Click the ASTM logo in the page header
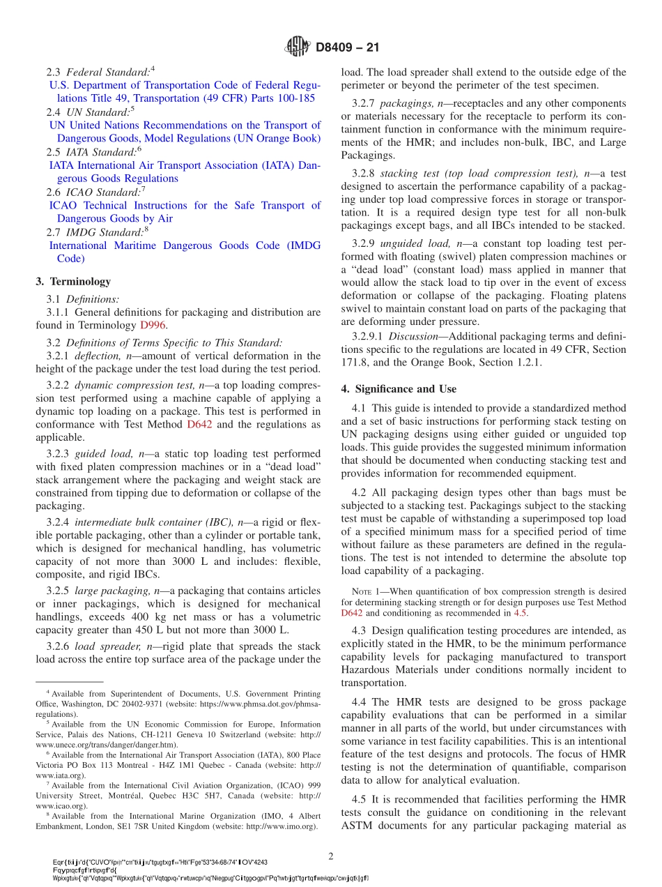(x=297, y=47)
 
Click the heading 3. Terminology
(x=73, y=281)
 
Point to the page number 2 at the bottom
(x=332, y=856)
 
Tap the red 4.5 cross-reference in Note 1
(x=521, y=613)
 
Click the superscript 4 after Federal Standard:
(x=153, y=68)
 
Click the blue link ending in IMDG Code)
(x=185, y=252)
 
